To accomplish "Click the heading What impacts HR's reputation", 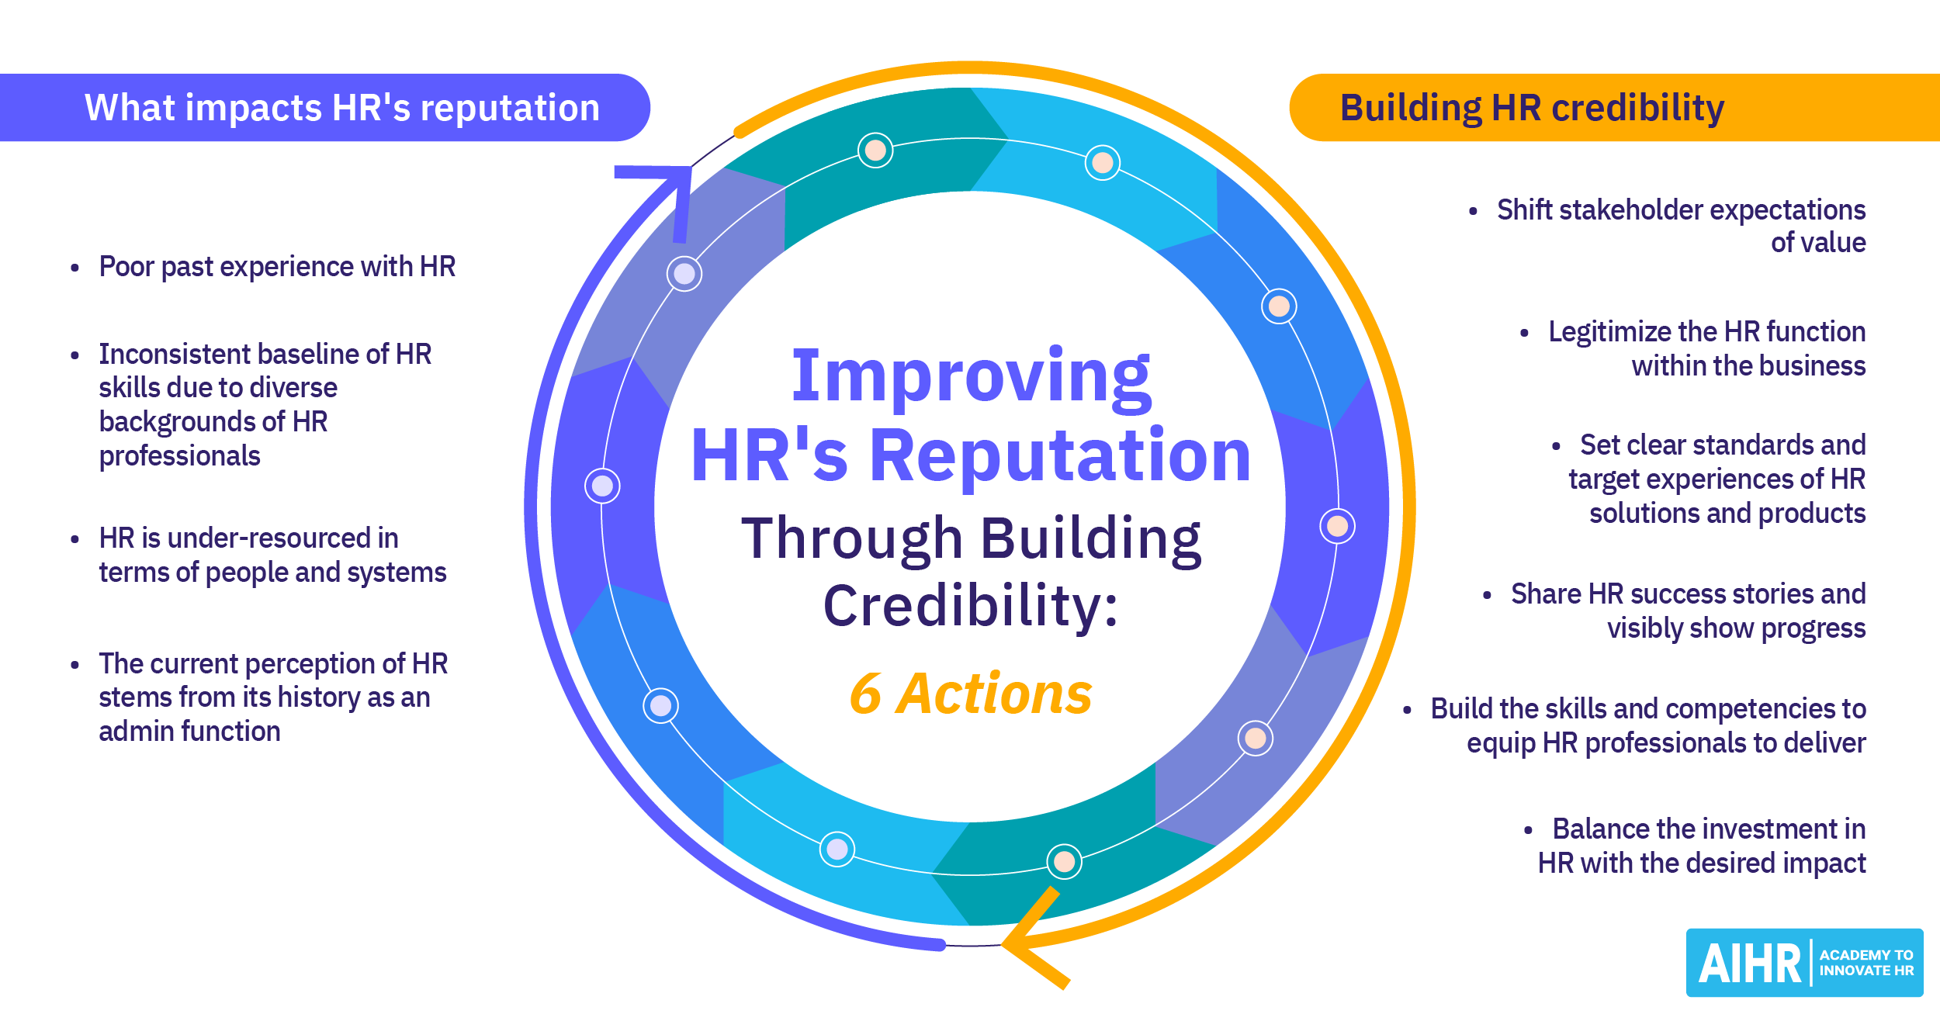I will (x=341, y=108).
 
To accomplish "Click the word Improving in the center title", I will (x=971, y=377).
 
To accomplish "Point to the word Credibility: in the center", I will (x=971, y=606).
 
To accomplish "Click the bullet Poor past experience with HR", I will (x=276, y=267).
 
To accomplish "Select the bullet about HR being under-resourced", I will (x=272, y=555).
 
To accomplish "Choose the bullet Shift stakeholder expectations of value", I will (x=1680, y=226).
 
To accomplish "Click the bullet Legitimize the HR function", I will (x=1706, y=348).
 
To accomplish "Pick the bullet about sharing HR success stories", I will (x=1687, y=611).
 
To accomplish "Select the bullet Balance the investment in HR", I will (x=1701, y=846).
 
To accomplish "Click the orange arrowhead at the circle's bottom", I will (x=1032, y=940).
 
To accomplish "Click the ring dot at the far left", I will (x=602, y=486).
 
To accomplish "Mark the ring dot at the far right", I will (x=1337, y=526).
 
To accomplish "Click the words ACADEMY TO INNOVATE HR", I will (x=1866, y=963).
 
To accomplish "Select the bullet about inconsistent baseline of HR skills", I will (x=264, y=405).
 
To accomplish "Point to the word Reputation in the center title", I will (x=1059, y=456).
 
